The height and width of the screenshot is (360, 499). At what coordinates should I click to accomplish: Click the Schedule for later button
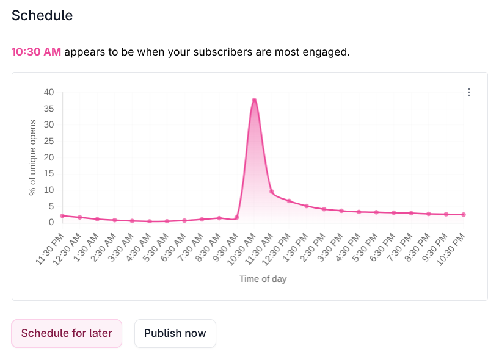coord(67,333)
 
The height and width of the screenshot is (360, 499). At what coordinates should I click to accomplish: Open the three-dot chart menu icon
coord(469,92)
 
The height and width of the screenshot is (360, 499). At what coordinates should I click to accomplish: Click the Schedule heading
coord(42,15)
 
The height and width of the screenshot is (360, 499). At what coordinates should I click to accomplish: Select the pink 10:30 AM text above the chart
coord(36,52)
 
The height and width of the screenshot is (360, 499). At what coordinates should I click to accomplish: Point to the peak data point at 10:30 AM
coord(254,100)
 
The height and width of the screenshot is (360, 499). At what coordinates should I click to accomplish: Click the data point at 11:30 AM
coord(271,192)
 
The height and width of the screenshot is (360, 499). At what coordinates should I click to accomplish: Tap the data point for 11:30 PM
coord(62,215)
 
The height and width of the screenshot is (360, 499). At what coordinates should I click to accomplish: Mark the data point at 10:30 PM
coord(464,215)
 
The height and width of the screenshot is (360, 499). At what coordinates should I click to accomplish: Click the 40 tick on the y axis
coord(48,92)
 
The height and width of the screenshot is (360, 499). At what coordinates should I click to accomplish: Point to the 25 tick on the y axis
coord(48,141)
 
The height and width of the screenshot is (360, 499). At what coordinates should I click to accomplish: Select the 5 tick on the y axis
coord(51,206)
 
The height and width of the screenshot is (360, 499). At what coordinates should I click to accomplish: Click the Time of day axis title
coord(263,279)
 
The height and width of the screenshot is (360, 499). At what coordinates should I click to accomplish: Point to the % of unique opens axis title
coord(32,157)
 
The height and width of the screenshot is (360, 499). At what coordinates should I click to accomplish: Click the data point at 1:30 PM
coord(307,206)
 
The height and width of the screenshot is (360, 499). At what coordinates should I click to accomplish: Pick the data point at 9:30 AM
coord(236,217)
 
